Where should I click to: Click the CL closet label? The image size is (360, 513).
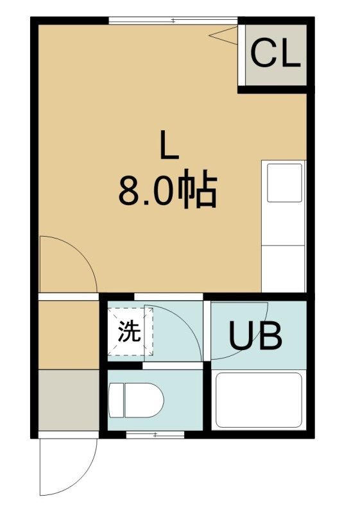click(x=275, y=53)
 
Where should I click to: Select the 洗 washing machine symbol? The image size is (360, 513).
click(x=130, y=331)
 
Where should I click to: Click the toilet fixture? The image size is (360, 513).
click(x=136, y=399)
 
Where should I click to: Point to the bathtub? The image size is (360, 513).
click(x=259, y=400)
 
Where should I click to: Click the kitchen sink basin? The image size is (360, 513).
click(x=284, y=183)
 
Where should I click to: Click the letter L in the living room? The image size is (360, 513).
click(x=169, y=144)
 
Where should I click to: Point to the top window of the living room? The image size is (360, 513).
click(x=173, y=21)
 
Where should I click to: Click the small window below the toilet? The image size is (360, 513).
click(x=155, y=435)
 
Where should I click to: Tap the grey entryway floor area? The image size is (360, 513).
click(x=69, y=399)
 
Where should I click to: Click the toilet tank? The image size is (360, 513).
click(x=116, y=399)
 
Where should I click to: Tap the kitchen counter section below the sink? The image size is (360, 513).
click(x=283, y=269)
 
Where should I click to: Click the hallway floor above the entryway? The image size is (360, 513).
click(x=69, y=335)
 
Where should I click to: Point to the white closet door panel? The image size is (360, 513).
click(x=241, y=55)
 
